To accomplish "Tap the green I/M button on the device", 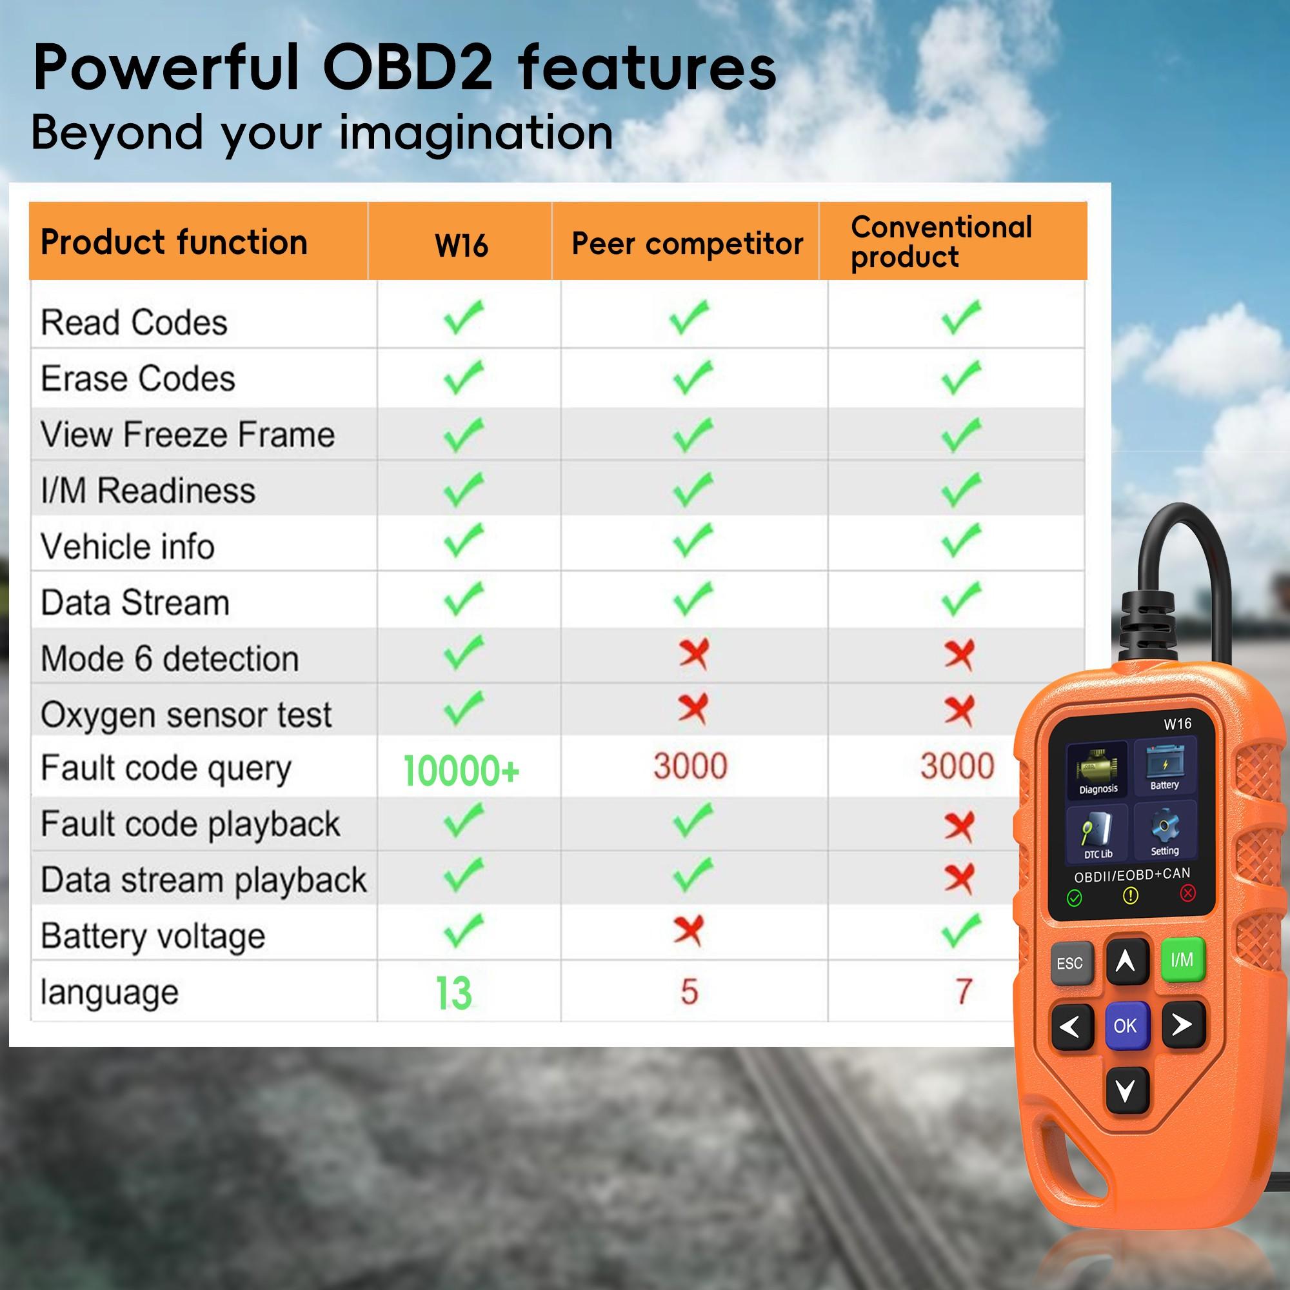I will click(1182, 960).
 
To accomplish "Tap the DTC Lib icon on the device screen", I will click(1098, 834).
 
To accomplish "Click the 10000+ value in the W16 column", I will click(461, 770).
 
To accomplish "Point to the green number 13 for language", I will click(453, 993).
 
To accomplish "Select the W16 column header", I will click(461, 245).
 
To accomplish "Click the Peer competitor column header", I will click(687, 244).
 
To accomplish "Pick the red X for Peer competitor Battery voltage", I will click(689, 931).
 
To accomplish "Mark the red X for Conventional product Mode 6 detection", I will click(960, 655).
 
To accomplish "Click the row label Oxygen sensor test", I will click(186, 715).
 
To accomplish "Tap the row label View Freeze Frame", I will click(188, 435).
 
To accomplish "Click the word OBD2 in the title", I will click(407, 68).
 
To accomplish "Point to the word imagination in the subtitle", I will click(475, 132).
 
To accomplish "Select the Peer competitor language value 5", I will click(689, 991).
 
